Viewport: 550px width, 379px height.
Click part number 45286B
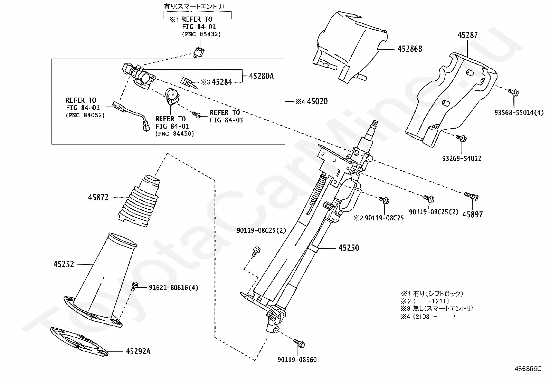(x=410, y=49)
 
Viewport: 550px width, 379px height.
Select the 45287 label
(x=468, y=35)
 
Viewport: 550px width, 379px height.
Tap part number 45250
(x=349, y=248)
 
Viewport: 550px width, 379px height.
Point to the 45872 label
(x=98, y=198)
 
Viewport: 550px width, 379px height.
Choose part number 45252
(x=64, y=265)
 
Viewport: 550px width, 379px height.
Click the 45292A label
(x=138, y=351)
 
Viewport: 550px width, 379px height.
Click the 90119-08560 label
(x=297, y=360)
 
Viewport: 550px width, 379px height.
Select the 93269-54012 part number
(x=462, y=159)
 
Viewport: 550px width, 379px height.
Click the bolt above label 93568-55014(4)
(x=512, y=92)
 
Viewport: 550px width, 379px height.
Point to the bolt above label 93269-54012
(x=461, y=138)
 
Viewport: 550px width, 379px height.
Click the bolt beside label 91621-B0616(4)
(x=135, y=286)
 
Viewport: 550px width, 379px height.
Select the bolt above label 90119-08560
(x=299, y=343)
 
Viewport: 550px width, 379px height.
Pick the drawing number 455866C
(x=528, y=368)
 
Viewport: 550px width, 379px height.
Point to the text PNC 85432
(x=201, y=34)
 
